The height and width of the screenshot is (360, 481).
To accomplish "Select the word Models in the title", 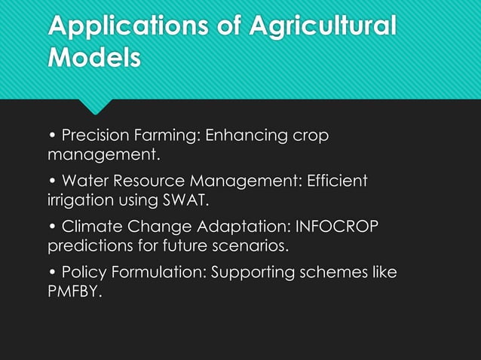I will click(x=93, y=58).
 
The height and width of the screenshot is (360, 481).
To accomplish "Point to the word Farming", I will click(x=168, y=137).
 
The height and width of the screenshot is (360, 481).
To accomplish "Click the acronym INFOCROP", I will click(x=337, y=227).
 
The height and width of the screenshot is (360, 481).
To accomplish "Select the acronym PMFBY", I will click(x=72, y=291).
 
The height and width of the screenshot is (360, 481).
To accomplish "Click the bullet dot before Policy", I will click(x=52, y=272).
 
